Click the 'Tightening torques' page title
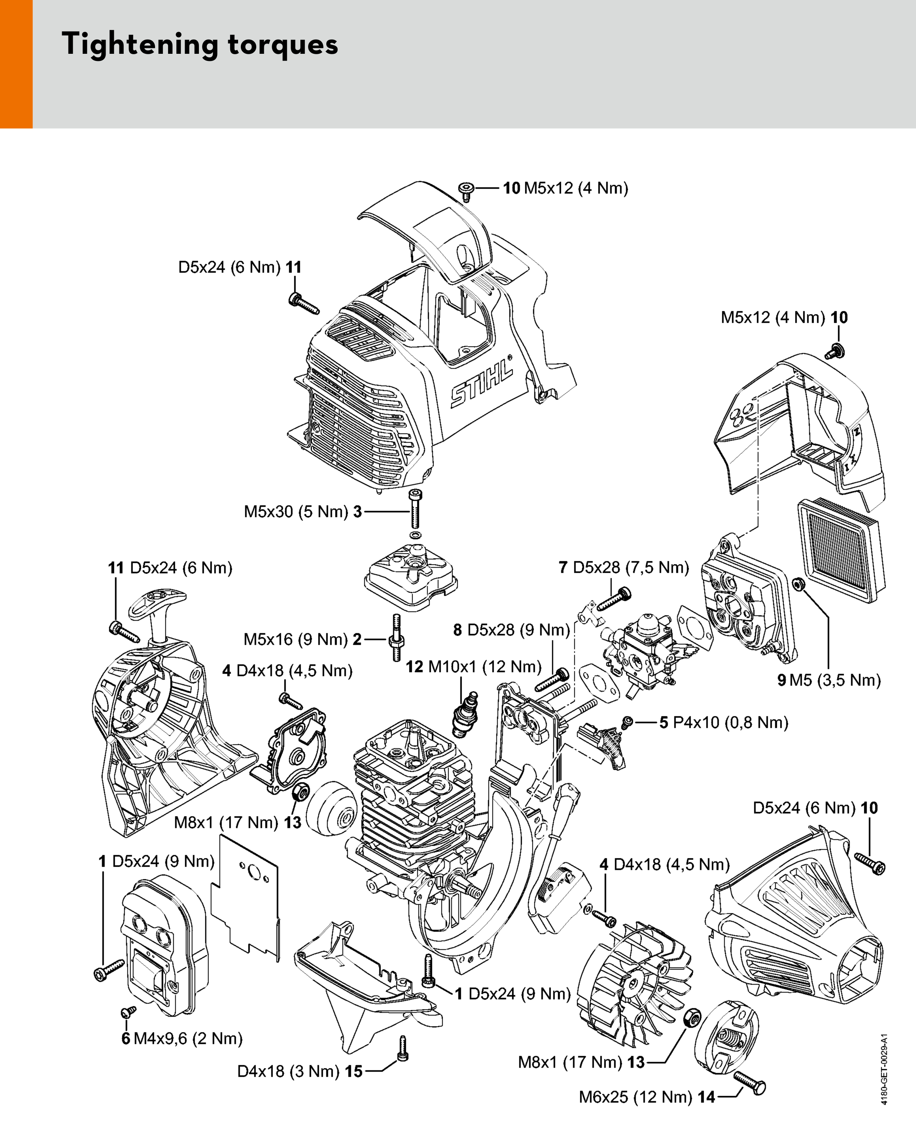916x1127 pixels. (200, 44)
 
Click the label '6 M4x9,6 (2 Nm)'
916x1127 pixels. (182, 1038)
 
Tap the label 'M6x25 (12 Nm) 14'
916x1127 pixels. (647, 1097)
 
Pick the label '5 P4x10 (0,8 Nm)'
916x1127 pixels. (724, 722)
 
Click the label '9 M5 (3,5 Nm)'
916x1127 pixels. (829, 680)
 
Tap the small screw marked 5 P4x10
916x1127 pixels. (627, 722)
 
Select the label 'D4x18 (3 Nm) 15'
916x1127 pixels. (300, 1071)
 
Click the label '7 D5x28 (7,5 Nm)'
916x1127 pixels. (624, 567)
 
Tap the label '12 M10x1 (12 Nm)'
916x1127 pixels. (473, 667)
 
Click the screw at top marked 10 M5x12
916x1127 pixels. (466, 191)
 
